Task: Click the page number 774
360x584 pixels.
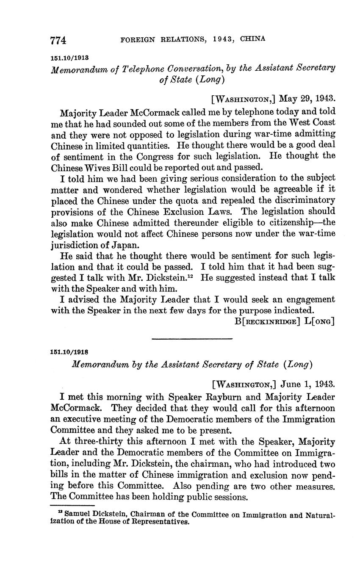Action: pos(58,40)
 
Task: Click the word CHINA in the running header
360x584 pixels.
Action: pos(253,39)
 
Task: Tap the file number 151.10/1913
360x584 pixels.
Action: pos(69,57)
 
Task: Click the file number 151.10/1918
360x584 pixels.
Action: pos(69,352)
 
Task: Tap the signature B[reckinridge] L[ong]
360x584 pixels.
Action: pos(285,321)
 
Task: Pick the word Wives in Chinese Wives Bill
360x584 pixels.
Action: pos(98,167)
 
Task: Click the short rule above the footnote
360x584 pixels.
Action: pos(72,506)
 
